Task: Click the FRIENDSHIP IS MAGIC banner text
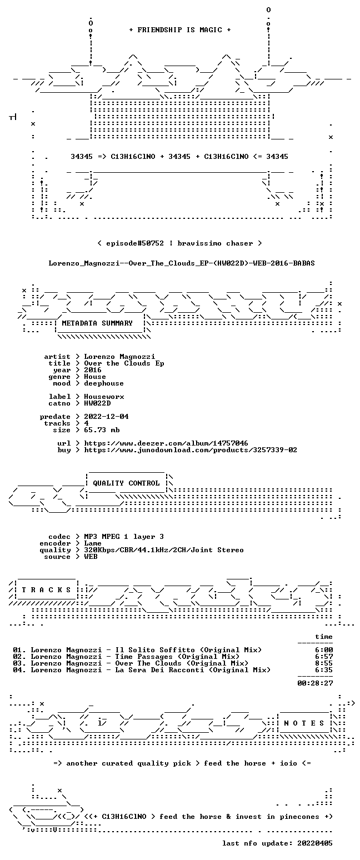coord(180,30)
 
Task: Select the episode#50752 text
coord(135,243)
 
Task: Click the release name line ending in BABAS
coord(182,263)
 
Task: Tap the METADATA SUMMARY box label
coord(97,323)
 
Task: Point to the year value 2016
coord(93,370)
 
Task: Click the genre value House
coord(95,377)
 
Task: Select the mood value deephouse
coord(104,383)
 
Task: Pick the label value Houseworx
coord(104,397)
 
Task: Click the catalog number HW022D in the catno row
coord(97,403)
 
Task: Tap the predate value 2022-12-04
coord(106,417)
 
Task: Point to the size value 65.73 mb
coord(102,430)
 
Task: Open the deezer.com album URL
coord(166,443)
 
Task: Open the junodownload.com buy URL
coord(191,450)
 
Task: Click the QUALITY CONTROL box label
coord(126,483)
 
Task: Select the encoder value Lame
coord(93,543)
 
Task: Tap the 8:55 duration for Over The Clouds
coord(324,663)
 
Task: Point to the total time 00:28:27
coord(315,683)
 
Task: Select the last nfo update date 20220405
coord(315,843)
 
